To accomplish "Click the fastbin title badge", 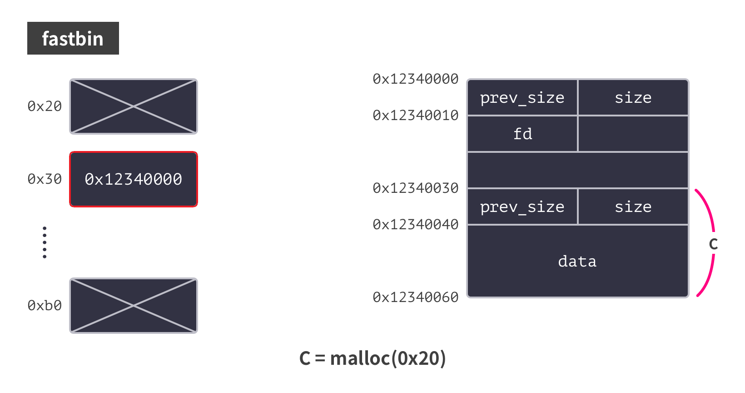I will tap(73, 38).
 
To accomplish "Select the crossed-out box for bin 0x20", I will tap(133, 106).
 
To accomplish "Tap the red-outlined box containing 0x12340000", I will tap(133, 179).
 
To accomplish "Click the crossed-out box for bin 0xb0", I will tap(133, 306).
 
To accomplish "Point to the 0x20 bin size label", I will tap(45, 106).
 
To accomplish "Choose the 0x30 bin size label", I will tap(45, 179).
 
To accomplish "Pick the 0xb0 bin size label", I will tap(45, 306).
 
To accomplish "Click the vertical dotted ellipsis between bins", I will tap(45, 242).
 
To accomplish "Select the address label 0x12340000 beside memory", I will tap(415, 79).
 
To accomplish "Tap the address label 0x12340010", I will tap(415, 116).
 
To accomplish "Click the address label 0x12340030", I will tap(415, 188).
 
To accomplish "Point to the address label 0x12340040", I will tap(415, 225).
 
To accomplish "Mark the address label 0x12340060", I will tap(415, 297).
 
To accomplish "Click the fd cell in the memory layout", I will tap(522, 134).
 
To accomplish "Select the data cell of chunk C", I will tap(577, 261).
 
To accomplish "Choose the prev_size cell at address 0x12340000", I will tap(522, 98).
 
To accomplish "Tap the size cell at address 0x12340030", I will tap(633, 207).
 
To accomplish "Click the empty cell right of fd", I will tap(633, 134).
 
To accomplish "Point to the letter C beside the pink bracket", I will tap(713, 244).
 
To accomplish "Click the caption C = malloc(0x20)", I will tap(372, 358).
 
